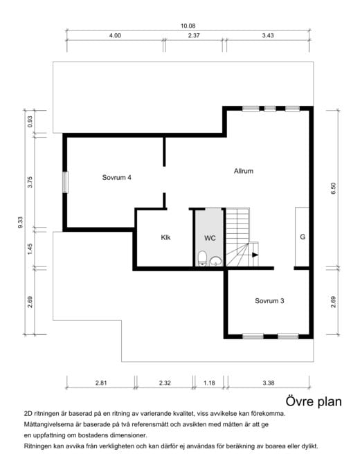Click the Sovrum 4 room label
[116, 178]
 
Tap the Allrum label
[244, 171]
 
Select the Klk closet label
[165, 237]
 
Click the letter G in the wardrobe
[303, 237]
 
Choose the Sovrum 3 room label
[269, 301]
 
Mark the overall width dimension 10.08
[188, 26]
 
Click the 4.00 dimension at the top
[115, 35]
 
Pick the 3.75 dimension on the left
[30, 181]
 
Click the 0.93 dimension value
[30, 121]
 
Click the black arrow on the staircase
[255, 255]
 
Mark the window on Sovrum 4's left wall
[66, 181]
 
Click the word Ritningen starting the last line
[38, 446]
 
